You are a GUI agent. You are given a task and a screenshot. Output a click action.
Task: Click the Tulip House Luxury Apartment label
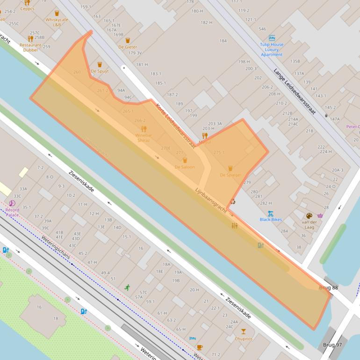[x=272, y=50]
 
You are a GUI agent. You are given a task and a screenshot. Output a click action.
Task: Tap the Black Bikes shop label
[x=271, y=219]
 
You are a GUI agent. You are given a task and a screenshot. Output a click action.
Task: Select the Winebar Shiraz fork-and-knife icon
[x=144, y=129]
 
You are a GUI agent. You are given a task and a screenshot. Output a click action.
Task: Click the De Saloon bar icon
[x=185, y=160]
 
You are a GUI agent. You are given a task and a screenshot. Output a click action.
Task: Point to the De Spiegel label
[x=230, y=175]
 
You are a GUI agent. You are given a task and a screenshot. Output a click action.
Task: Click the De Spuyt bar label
[x=100, y=71]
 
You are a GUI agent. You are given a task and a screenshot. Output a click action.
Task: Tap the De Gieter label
[x=128, y=47]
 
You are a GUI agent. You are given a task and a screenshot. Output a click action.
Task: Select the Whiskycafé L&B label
[x=57, y=22]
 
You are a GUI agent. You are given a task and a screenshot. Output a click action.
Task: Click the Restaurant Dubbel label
[x=30, y=48]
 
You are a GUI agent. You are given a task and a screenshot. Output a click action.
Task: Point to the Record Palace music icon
[x=12, y=203]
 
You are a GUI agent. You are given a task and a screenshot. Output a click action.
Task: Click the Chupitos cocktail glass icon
[x=244, y=331]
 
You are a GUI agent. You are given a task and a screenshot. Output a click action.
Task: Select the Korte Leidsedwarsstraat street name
[x=175, y=122]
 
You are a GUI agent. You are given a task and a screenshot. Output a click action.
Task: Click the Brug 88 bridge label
[x=328, y=288]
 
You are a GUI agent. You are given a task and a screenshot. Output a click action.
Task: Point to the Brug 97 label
[x=332, y=345]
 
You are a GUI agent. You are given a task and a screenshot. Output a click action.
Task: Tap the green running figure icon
[x=127, y=288]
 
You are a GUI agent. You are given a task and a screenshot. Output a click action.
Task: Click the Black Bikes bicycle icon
[x=271, y=213]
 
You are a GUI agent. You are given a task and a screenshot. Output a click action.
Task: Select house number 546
[x=262, y=29]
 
